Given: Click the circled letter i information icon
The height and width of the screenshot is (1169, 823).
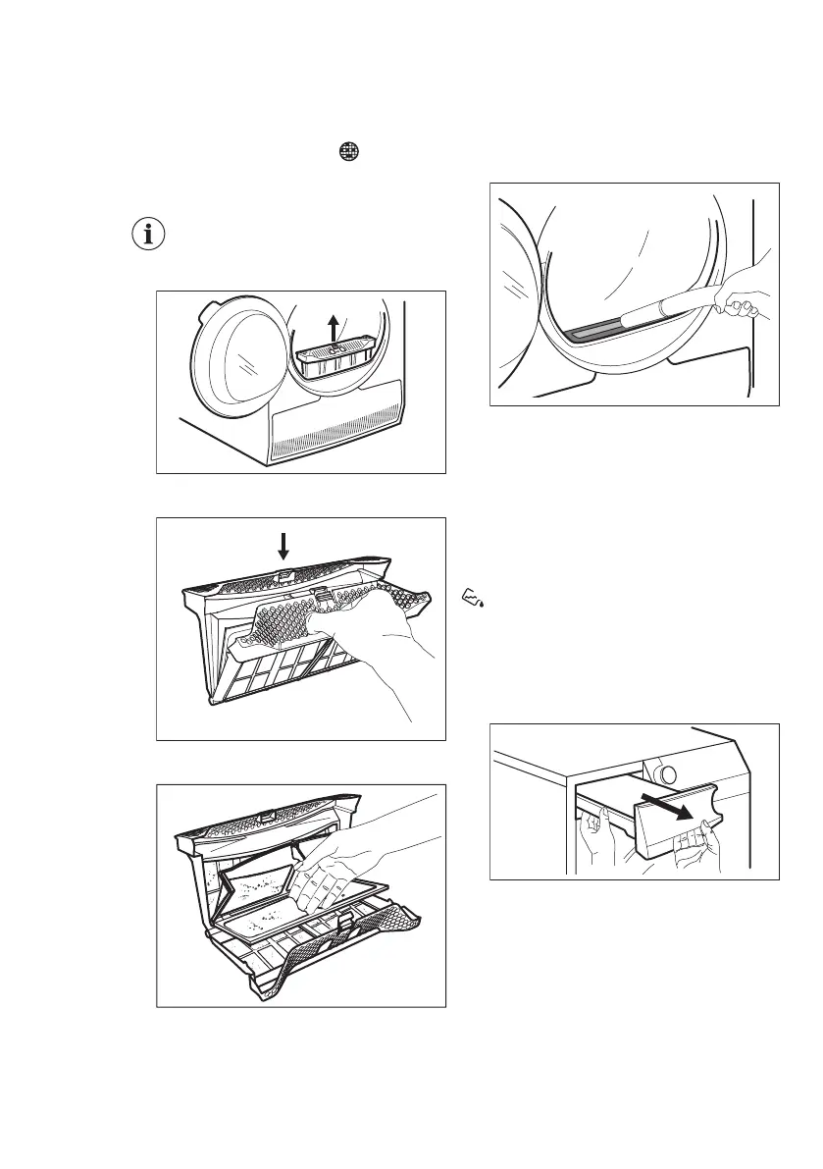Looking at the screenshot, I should (x=149, y=236).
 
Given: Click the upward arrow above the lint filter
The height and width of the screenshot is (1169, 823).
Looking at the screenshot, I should (x=334, y=328).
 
